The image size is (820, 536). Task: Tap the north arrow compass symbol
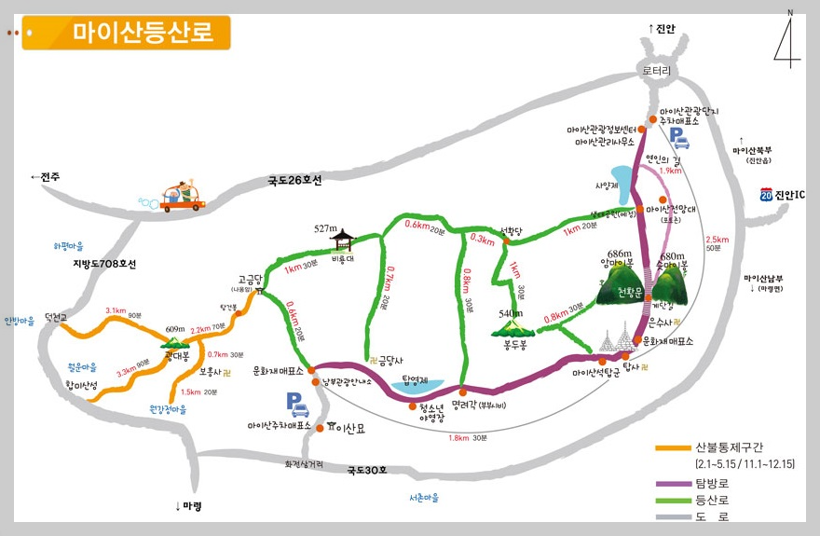coord(786,41)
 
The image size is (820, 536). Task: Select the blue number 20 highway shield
coord(765,194)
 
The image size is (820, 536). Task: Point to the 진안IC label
coord(790,194)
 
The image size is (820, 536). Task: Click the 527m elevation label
coord(325,228)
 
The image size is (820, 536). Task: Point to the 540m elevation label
coord(512,313)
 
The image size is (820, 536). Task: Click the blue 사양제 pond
coord(620,177)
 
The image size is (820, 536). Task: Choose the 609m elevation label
coord(175,329)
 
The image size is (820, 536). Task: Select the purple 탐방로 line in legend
coord(673,484)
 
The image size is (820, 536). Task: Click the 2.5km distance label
coord(717,239)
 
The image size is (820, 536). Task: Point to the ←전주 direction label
coord(45,176)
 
